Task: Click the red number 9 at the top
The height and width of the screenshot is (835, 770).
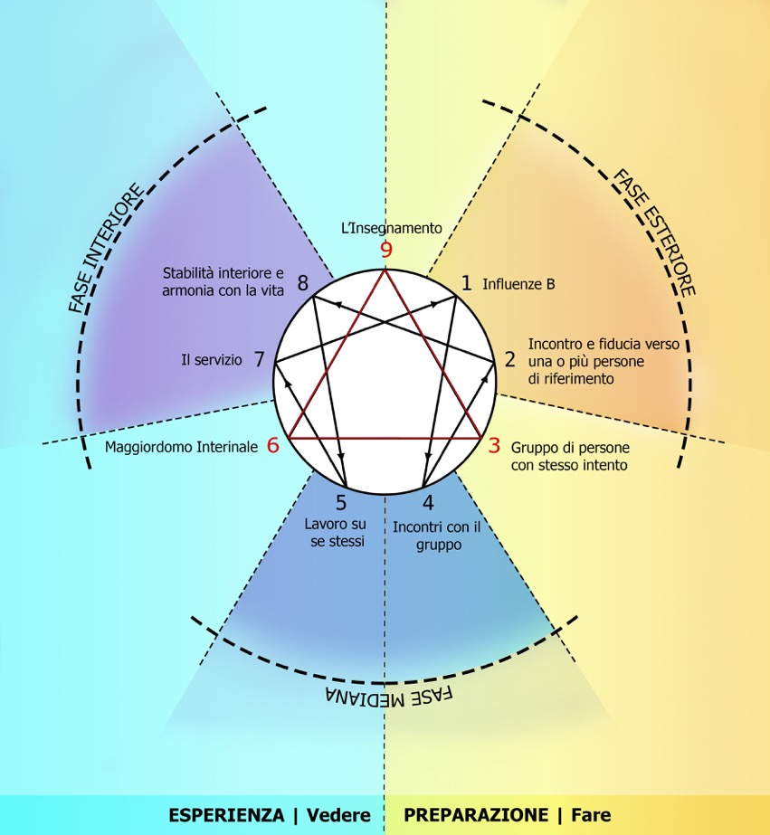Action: click(x=386, y=251)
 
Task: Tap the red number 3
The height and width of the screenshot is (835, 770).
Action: click(x=494, y=445)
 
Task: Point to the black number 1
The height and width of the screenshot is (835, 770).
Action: click(x=466, y=283)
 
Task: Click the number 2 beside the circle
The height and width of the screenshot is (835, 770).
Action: click(x=509, y=359)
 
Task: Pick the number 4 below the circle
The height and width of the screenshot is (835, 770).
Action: click(x=428, y=504)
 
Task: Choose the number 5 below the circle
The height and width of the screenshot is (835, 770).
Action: click(x=341, y=504)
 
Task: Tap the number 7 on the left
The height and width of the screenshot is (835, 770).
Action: click(x=259, y=359)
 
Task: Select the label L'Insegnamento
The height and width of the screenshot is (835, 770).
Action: click(x=391, y=229)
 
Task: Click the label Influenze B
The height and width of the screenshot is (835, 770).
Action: click(x=518, y=284)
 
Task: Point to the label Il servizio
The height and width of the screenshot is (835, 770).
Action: click(x=212, y=360)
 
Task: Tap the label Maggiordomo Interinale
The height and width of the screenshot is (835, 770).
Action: click(x=181, y=447)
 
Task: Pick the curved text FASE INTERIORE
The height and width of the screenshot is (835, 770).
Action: click(x=107, y=247)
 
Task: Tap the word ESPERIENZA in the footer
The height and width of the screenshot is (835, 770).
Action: click(x=225, y=815)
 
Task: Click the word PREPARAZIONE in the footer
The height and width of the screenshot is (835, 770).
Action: click(x=476, y=815)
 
